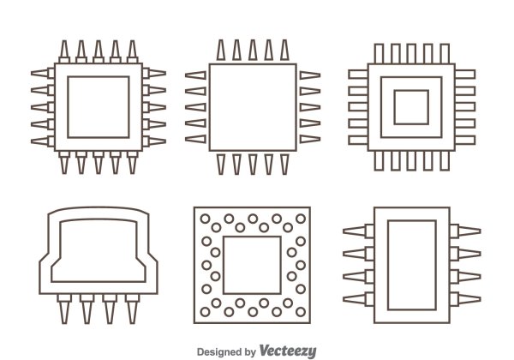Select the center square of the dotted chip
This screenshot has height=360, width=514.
251,264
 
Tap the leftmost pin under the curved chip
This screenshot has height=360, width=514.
64,306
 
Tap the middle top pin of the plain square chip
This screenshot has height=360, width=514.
251,52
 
